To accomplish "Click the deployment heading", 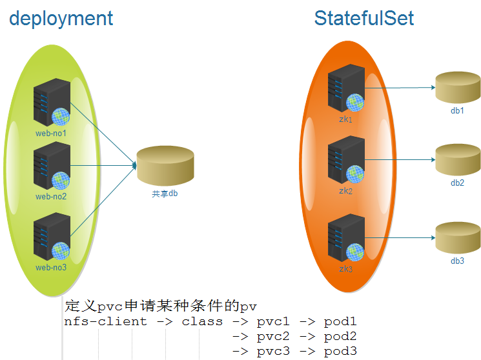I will click(61, 18).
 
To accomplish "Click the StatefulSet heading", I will click(364, 18).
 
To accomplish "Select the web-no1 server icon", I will click(52, 103).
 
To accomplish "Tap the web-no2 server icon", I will click(52, 166).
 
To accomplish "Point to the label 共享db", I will click(165, 193).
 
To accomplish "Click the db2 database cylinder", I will click(458, 159).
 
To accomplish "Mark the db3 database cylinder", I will click(458, 237).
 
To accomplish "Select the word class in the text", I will click(202, 321).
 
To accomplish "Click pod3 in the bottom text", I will click(340, 351).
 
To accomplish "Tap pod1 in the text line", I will click(340, 321).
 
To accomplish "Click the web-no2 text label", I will click(51, 197).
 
